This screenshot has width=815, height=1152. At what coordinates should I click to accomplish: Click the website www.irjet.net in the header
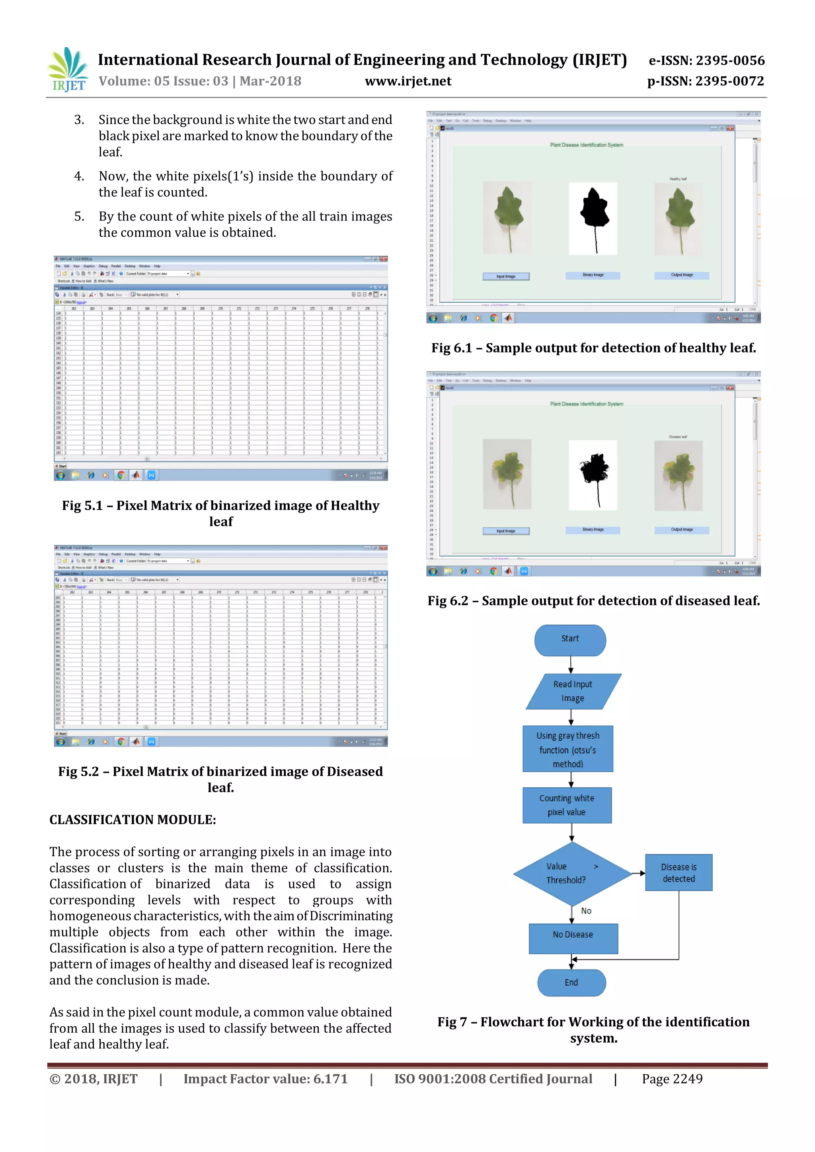tap(408, 81)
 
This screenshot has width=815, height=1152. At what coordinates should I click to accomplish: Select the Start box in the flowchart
tap(570, 639)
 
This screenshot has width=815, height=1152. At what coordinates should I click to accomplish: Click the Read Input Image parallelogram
tap(573, 691)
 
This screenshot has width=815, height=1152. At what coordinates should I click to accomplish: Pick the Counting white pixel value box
tap(567, 805)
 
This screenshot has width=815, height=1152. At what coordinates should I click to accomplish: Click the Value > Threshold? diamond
tap(571, 874)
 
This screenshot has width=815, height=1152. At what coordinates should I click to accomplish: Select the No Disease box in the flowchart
tap(573, 935)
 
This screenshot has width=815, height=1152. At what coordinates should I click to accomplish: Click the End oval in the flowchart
tap(571, 983)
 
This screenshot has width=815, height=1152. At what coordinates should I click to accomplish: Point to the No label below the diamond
tap(586, 911)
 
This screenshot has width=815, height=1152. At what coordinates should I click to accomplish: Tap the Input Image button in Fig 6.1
tap(506, 276)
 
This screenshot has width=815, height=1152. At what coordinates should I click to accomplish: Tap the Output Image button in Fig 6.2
tap(682, 530)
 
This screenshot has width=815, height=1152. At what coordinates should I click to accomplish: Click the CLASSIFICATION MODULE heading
tap(133, 819)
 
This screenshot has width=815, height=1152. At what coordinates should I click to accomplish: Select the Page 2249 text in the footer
tap(672, 1079)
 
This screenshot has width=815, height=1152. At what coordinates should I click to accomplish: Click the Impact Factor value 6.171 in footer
tap(265, 1079)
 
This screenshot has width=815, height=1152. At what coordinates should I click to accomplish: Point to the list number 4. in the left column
tap(79, 176)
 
